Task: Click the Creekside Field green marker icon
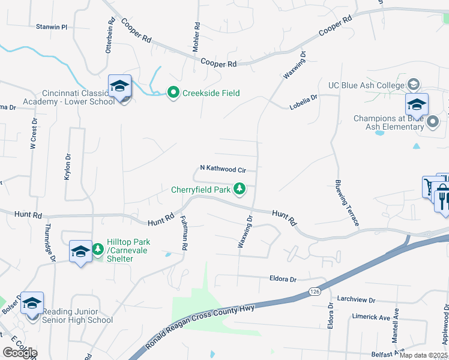tap(173, 92)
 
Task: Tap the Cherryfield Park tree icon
tap(240, 190)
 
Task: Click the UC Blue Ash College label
tap(366, 85)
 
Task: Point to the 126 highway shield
tap(315, 291)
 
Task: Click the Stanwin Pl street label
tap(52, 27)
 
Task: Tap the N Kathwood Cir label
tap(223, 169)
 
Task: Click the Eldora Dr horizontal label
tap(284, 279)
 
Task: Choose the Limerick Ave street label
tap(371, 317)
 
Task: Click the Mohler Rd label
tap(197, 37)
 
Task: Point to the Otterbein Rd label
tap(110, 35)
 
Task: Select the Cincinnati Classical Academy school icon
tap(119, 88)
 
